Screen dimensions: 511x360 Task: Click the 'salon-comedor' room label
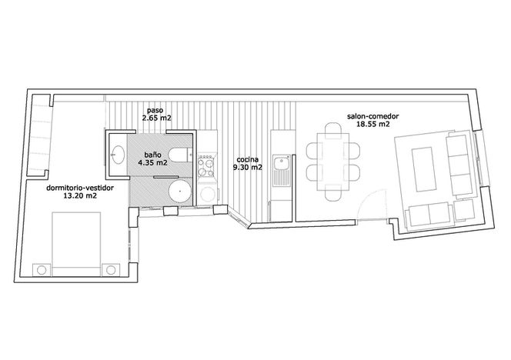372,116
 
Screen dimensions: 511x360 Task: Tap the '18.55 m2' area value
372,124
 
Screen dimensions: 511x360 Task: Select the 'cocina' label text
248,160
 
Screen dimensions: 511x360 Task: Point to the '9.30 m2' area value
248,168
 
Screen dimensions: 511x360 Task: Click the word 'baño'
153,155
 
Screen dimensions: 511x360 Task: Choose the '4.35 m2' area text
153,162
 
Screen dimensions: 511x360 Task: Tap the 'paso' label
155,111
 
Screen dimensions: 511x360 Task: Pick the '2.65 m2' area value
156,118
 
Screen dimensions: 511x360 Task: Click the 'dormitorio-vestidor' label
80,188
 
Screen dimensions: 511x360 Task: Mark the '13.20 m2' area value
80,196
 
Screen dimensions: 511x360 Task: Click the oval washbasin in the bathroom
118,155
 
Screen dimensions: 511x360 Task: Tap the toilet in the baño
179,155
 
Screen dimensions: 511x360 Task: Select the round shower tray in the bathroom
180,192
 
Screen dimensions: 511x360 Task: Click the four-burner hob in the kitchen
206,166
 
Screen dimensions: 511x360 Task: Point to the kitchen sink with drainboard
282,171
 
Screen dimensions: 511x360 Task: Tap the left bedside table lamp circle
42,270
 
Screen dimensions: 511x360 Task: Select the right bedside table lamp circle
111,270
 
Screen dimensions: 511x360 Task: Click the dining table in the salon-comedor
333,162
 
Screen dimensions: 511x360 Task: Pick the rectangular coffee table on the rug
424,169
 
